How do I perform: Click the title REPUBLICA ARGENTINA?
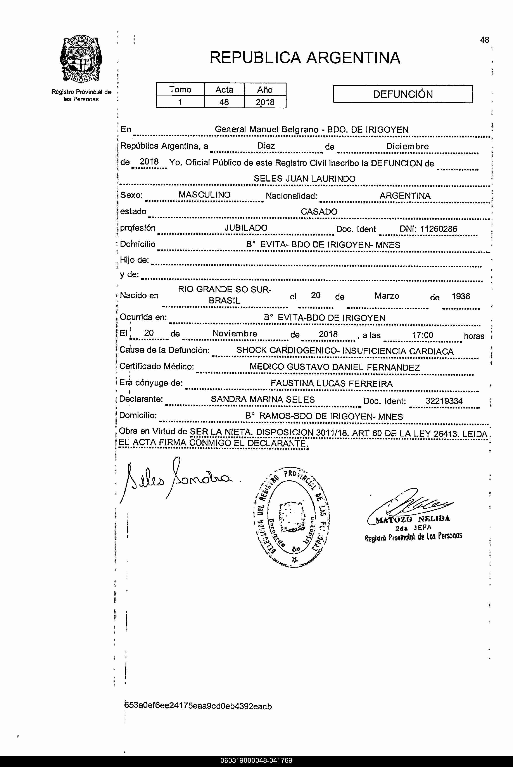(x=305, y=58)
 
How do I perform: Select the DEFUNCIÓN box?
(x=402, y=94)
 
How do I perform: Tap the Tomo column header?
(x=180, y=89)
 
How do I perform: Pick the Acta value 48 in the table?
(x=224, y=102)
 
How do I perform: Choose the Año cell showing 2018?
(x=265, y=102)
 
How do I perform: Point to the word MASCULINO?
(x=204, y=195)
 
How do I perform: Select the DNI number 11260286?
(x=438, y=229)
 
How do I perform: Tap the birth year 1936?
(x=461, y=296)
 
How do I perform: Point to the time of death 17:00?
(x=423, y=335)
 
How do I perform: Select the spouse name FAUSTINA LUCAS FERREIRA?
(x=332, y=384)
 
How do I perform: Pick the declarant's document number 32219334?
(x=444, y=401)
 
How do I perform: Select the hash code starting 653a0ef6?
(x=198, y=706)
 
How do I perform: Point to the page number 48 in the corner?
(x=484, y=40)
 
